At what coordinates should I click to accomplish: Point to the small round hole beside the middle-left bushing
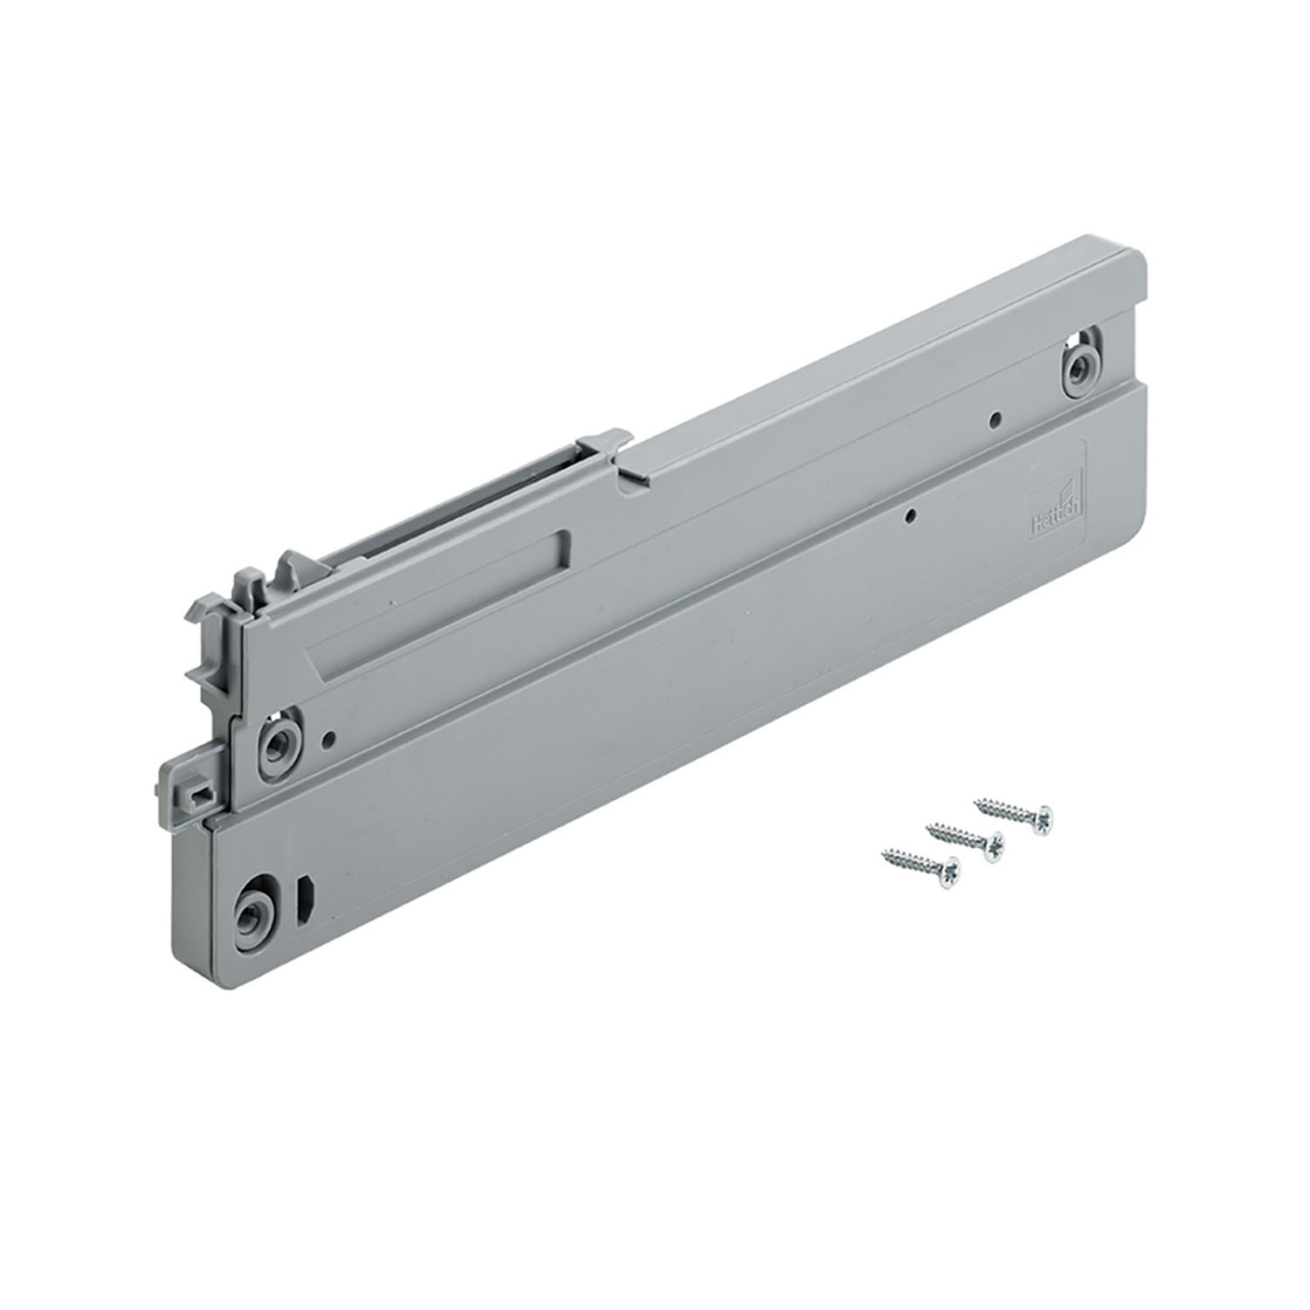[327, 739]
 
